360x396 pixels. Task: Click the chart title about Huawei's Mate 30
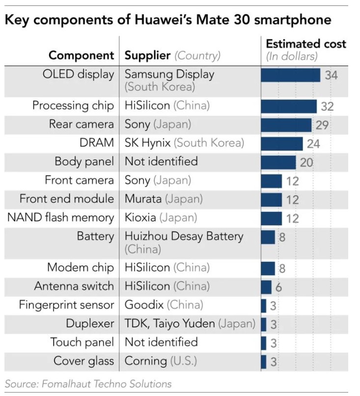pos(167,20)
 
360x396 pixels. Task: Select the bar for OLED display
pos(290,75)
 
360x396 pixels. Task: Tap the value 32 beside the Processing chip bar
pos(327,106)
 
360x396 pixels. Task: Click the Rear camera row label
pos(81,124)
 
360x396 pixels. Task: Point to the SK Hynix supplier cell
pos(184,143)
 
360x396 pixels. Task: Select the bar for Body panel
pos(278,162)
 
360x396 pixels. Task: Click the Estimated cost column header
pos(305,49)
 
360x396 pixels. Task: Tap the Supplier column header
pos(172,55)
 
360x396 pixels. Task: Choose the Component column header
pos(81,55)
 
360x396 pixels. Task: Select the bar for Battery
pos(268,237)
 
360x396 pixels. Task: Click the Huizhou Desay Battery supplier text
pos(184,236)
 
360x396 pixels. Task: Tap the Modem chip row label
pos(81,268)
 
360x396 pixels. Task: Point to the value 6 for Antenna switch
pos(278,287)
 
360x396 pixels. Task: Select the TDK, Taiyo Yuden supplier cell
pos(190,324)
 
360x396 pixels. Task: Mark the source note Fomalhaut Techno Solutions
pos(88,384)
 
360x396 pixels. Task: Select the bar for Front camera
pos(271,181)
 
